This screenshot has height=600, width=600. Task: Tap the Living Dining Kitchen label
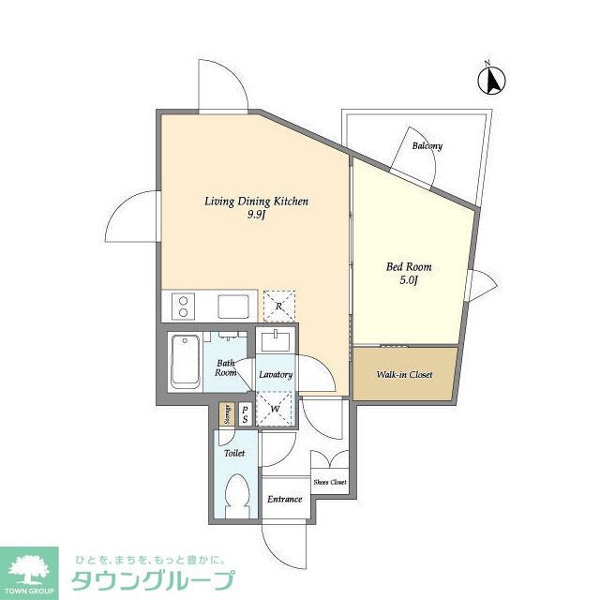click(257, 202)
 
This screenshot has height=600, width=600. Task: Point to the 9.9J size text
click(257, 215)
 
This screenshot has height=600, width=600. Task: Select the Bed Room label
click(410, 266)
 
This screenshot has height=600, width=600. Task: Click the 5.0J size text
click(410, 280)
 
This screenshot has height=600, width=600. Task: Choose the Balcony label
click(427, 146)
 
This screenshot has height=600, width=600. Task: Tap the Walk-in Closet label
click(404, 375)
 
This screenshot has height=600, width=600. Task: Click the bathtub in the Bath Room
click(185, 363)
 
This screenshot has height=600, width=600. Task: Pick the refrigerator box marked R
click(278, 304)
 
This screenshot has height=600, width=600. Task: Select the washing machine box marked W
click(275, 408)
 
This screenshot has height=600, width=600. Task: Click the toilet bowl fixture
click(238, 493)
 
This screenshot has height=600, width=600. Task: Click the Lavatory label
click(276, 374)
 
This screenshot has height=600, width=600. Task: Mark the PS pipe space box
click(245, 413)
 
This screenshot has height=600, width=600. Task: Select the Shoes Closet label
click(330, 482)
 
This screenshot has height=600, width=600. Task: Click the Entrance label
click(284, 499)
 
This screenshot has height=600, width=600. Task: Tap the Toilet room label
click(233, 453)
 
